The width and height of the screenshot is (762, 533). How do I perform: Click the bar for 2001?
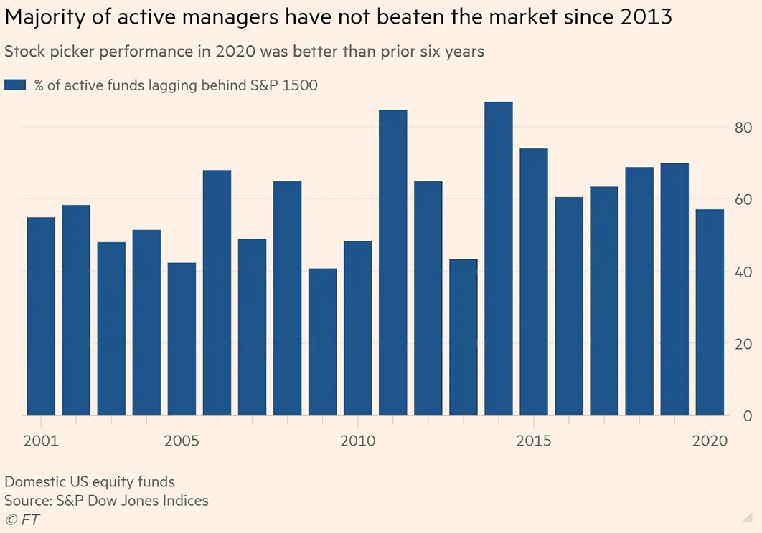(x=41, y=316)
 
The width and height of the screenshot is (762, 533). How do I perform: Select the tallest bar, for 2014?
(x=499, y=259)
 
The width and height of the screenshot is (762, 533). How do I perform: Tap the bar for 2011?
(x=393, y=262)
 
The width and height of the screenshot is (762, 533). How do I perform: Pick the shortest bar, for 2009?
(x=322, y=342)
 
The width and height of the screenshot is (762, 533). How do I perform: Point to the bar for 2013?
(x=464, y=337)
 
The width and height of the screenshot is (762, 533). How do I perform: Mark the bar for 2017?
(x=604, y=301)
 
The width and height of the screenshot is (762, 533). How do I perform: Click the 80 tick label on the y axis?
(x=742, y=128)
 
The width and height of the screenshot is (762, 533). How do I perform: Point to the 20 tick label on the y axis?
(x=742, y=344)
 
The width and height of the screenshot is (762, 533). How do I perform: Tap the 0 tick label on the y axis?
(x=746, y=416)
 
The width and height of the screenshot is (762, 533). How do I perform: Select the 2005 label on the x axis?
(x=182, y=440)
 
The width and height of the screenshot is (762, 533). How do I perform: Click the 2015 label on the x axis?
(x=534, y=440)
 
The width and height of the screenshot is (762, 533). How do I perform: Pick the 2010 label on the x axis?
(x=357, y=440)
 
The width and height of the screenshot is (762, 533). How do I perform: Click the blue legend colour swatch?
(x=15, y=85)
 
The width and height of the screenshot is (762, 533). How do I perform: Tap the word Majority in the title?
(x=46, y=18)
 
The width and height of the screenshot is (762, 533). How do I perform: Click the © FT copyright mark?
(x=22, y=519)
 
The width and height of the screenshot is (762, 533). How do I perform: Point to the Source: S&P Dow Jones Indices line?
(x=106, y=500)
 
